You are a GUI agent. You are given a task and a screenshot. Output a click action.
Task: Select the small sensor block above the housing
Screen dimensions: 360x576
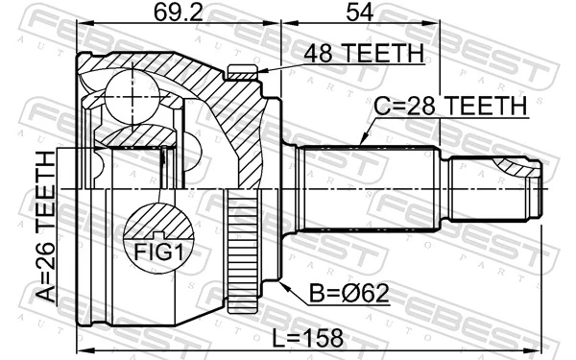(243, 69)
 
